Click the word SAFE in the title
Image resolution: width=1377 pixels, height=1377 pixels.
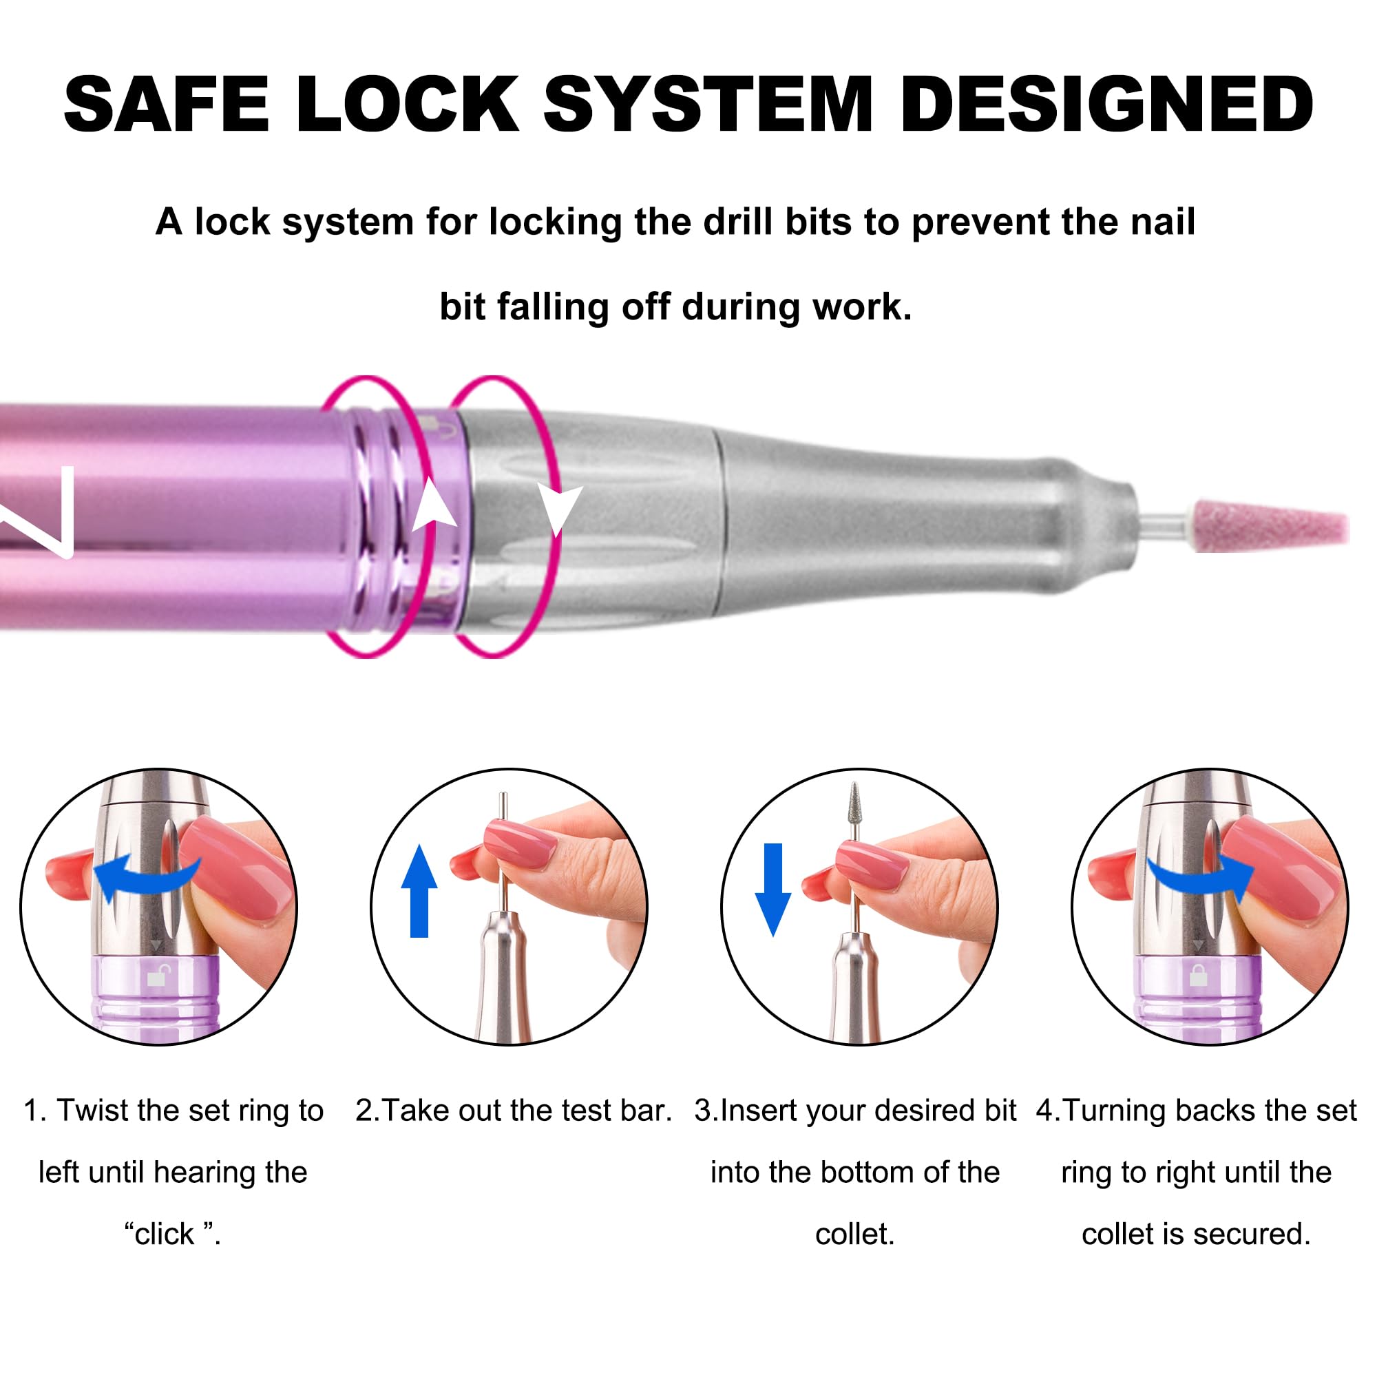[167, 104]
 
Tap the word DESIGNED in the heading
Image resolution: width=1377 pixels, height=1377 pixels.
[1108, 104]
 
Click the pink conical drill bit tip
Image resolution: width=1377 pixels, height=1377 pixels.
[1271, 525]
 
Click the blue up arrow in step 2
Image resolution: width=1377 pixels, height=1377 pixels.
[419, 891]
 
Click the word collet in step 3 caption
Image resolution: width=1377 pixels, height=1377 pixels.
[854, 1234]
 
